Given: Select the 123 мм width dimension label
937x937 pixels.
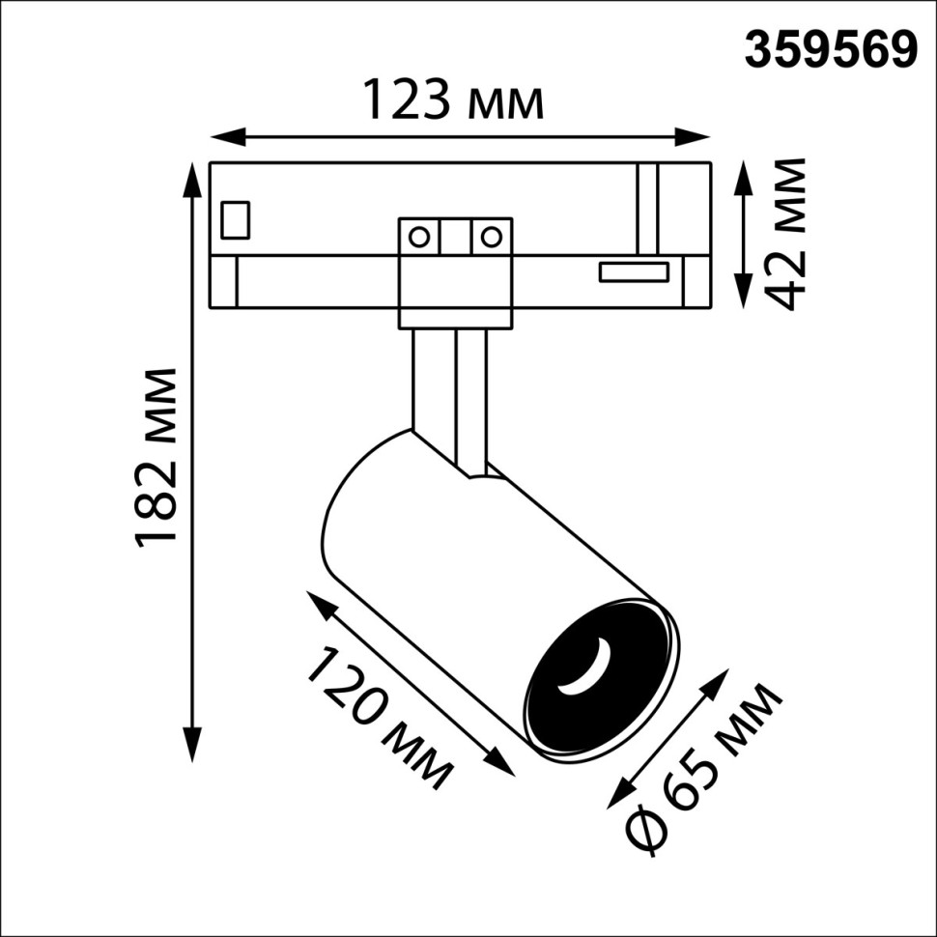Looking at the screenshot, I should coord(452,100).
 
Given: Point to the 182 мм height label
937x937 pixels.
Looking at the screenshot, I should coord(156,458).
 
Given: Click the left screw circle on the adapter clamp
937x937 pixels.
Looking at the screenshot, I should coord(419,236).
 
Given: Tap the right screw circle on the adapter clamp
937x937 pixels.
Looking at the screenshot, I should coord(492,236).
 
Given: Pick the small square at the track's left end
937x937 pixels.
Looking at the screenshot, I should coord(236,219).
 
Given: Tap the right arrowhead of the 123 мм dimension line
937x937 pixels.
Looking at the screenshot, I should coord(701,135).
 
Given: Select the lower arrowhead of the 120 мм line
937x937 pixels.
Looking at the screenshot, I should coord(504,763).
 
